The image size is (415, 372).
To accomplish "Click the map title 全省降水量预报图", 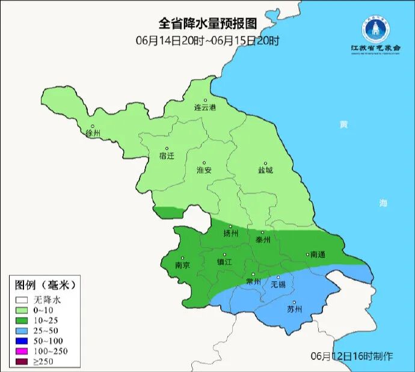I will coord(207,23).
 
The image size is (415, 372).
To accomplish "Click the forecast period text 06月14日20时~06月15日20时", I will coord(207,41).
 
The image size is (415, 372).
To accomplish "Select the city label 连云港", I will coord(204,108).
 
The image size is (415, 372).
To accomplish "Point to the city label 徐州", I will coord(93,133).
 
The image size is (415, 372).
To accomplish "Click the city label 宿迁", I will coord(167,156).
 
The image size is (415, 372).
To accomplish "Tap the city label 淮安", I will coord(204,170).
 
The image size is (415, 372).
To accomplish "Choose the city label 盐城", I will coord(265,170).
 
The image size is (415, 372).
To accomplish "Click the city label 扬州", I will coord(231,233).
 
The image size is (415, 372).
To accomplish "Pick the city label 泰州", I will coord(263,239).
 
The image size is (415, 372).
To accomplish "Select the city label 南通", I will coord(316,255).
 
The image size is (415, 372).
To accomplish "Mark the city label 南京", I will coord(182,265).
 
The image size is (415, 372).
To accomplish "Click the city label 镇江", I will coord(224,263).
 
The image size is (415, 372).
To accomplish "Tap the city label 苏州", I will coord(294,310).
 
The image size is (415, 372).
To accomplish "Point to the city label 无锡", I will coord(278,284).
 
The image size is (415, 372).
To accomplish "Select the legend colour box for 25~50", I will coord(23,331).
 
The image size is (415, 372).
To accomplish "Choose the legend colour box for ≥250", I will coord(23,361).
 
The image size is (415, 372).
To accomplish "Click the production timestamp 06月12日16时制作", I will coord(352,356).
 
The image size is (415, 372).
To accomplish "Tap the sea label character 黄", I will coord(343,125).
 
